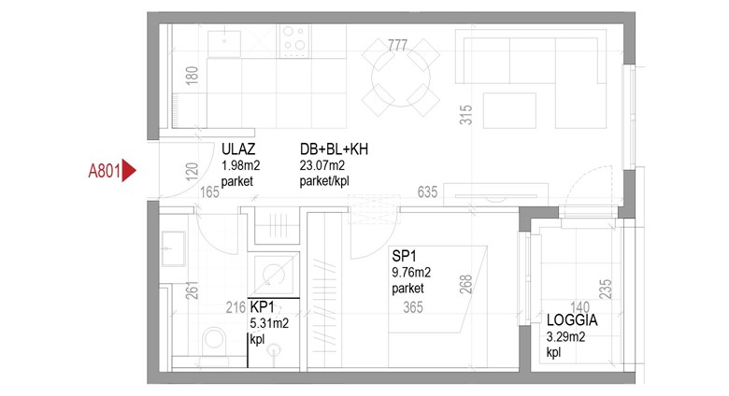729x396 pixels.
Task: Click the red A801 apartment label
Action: (105, 171)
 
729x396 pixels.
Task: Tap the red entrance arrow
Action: (129, 171)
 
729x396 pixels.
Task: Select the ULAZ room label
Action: (238, 149)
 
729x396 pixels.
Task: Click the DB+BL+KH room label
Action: (334, 149)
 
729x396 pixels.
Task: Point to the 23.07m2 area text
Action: (322, 165)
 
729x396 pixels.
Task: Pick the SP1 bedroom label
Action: (404, 256)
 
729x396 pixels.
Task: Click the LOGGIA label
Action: (572, 320)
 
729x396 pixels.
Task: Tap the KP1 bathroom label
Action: (263, 306)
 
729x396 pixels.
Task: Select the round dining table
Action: (401, 78)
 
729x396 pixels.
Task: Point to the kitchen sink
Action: (224, 43)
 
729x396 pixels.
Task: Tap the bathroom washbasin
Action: (174, 248)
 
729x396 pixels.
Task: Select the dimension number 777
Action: (397, 45)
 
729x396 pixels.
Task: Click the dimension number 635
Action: (427, 191)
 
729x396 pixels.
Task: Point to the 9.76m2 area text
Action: (411, 272)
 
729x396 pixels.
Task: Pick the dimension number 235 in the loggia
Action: (606, 290)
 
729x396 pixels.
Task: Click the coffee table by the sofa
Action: (509, 110)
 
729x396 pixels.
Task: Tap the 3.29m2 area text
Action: (565, 336)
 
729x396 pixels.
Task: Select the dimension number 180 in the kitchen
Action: (192, 76)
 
